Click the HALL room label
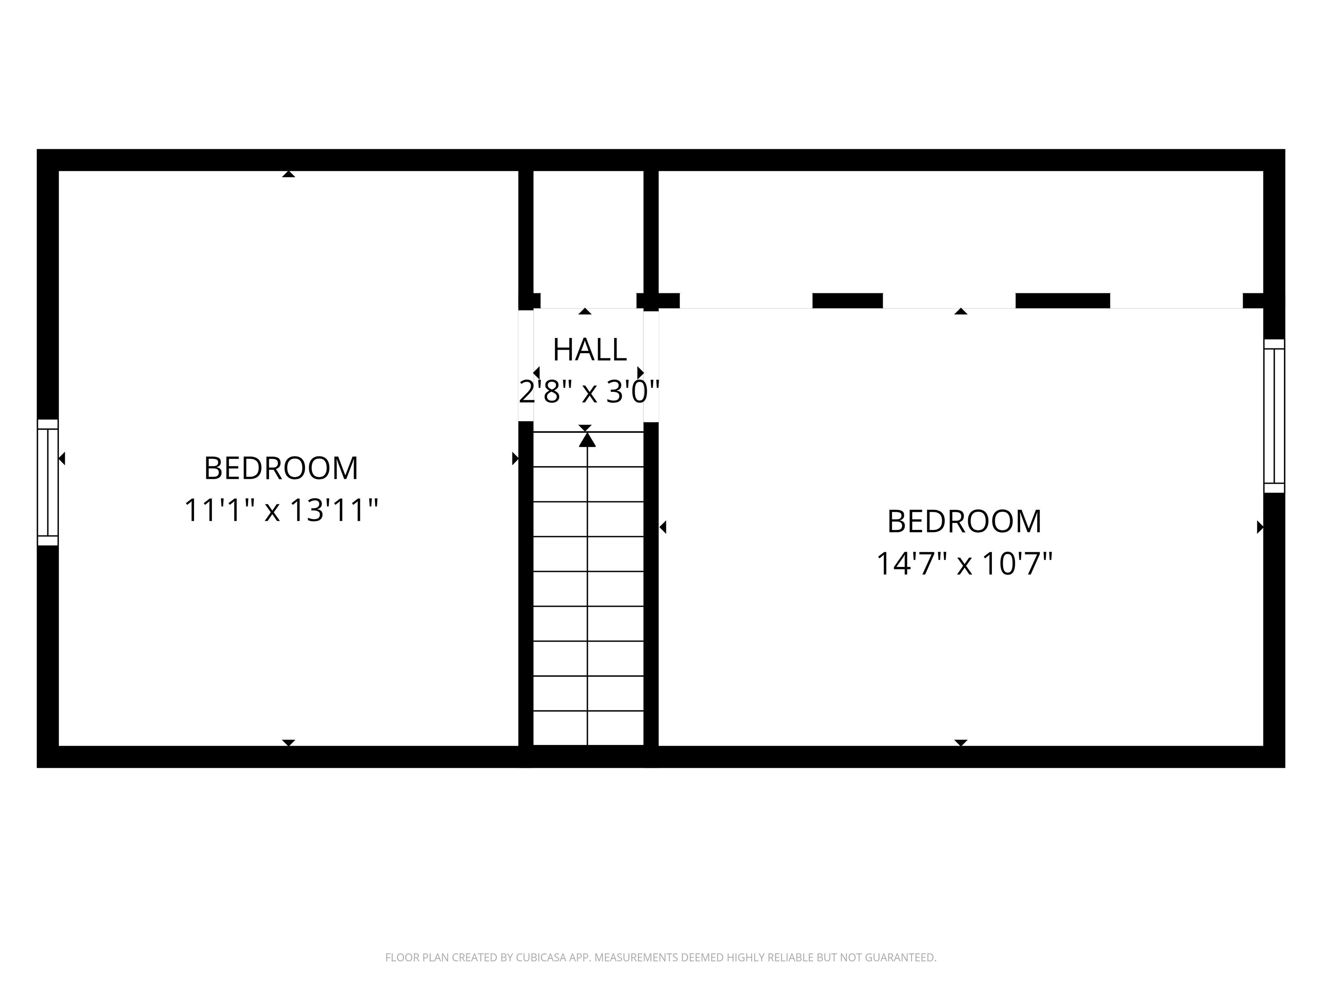tap(589, 350)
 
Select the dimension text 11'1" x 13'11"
tap(281, 511)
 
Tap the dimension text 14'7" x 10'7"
tap(964, 564)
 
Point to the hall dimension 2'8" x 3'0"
tap(589, 392)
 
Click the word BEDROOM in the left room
tap(281, 468)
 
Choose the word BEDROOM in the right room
tap(964, 521)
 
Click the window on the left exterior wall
tap(48, 482)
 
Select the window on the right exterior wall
tap(1274, 416)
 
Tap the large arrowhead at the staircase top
tap(587, 440)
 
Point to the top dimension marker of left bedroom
tap(289, 174)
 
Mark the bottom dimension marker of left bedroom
tap(289, 742)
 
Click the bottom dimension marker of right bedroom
tap(961, 742)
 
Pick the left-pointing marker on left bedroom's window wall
tap(62, 459)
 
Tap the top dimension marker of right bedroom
tap(961, 311)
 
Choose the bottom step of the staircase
tap(588, 728)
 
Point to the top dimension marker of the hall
tap(585, 311)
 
